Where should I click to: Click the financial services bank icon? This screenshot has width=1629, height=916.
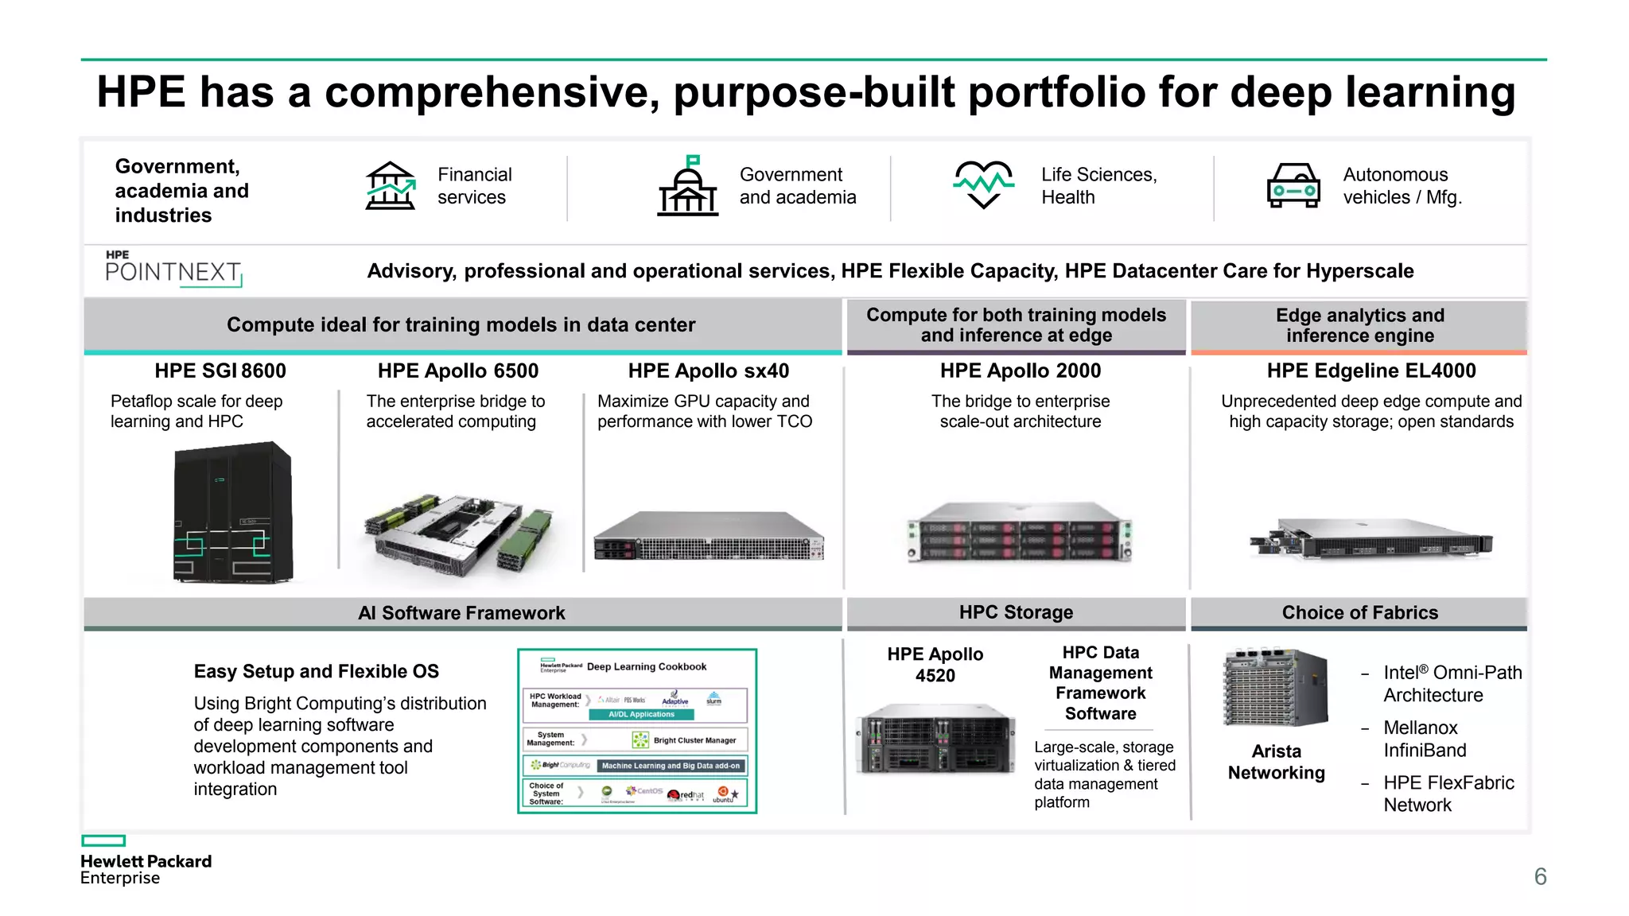point(390,186)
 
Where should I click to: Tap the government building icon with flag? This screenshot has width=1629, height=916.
point(688,186)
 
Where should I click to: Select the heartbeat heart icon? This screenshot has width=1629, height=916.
point(983,184)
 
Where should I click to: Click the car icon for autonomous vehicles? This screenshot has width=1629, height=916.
point(1293,186)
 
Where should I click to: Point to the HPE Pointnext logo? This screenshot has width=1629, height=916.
point(173,270)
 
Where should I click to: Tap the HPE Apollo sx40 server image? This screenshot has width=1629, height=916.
point(709,538)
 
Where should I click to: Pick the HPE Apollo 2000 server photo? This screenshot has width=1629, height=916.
point(1020,532)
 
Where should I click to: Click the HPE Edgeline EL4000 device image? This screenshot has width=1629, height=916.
point(1370,538)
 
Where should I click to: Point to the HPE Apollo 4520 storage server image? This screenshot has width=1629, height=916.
point(935,738)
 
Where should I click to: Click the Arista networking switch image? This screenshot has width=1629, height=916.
point(1276,688)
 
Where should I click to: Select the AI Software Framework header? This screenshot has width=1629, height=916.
point(461,613)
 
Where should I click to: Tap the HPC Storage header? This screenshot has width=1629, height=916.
point(1016,612)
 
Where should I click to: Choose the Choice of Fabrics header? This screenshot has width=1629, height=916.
point(1359,612)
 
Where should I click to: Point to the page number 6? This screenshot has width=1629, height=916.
point(1540,876)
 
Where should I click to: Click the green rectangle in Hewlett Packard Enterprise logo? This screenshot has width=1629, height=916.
point(103,840)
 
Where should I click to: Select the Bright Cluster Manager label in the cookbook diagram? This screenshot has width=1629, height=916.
point(694,740)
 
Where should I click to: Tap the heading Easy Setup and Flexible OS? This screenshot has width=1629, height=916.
point(316,671)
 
